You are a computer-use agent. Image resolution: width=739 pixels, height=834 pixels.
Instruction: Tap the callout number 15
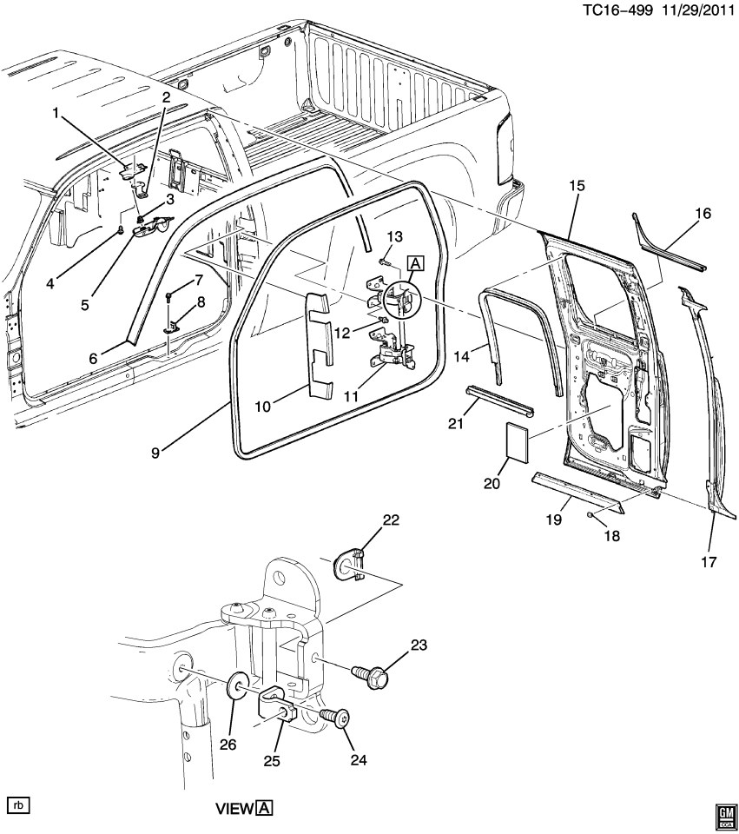pyautogui.click(x=577, y=185)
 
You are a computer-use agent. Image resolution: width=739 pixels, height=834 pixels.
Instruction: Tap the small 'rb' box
pyautogui.click(x=17, y=804)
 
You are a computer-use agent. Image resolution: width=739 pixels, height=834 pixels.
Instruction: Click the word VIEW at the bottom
pyautogui.click(x=234, y=809)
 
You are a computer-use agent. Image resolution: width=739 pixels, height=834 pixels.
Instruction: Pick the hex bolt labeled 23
pyautogui.click(x=372, y=673)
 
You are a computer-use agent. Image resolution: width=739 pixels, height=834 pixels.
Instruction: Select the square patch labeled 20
pyautogui.click(x=516, y=440)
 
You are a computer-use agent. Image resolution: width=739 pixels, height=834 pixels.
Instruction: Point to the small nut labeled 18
pyautogui.click(x=590, y=515)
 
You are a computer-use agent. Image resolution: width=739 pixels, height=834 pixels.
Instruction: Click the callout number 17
pyautogui.click(x=709, y=562)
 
